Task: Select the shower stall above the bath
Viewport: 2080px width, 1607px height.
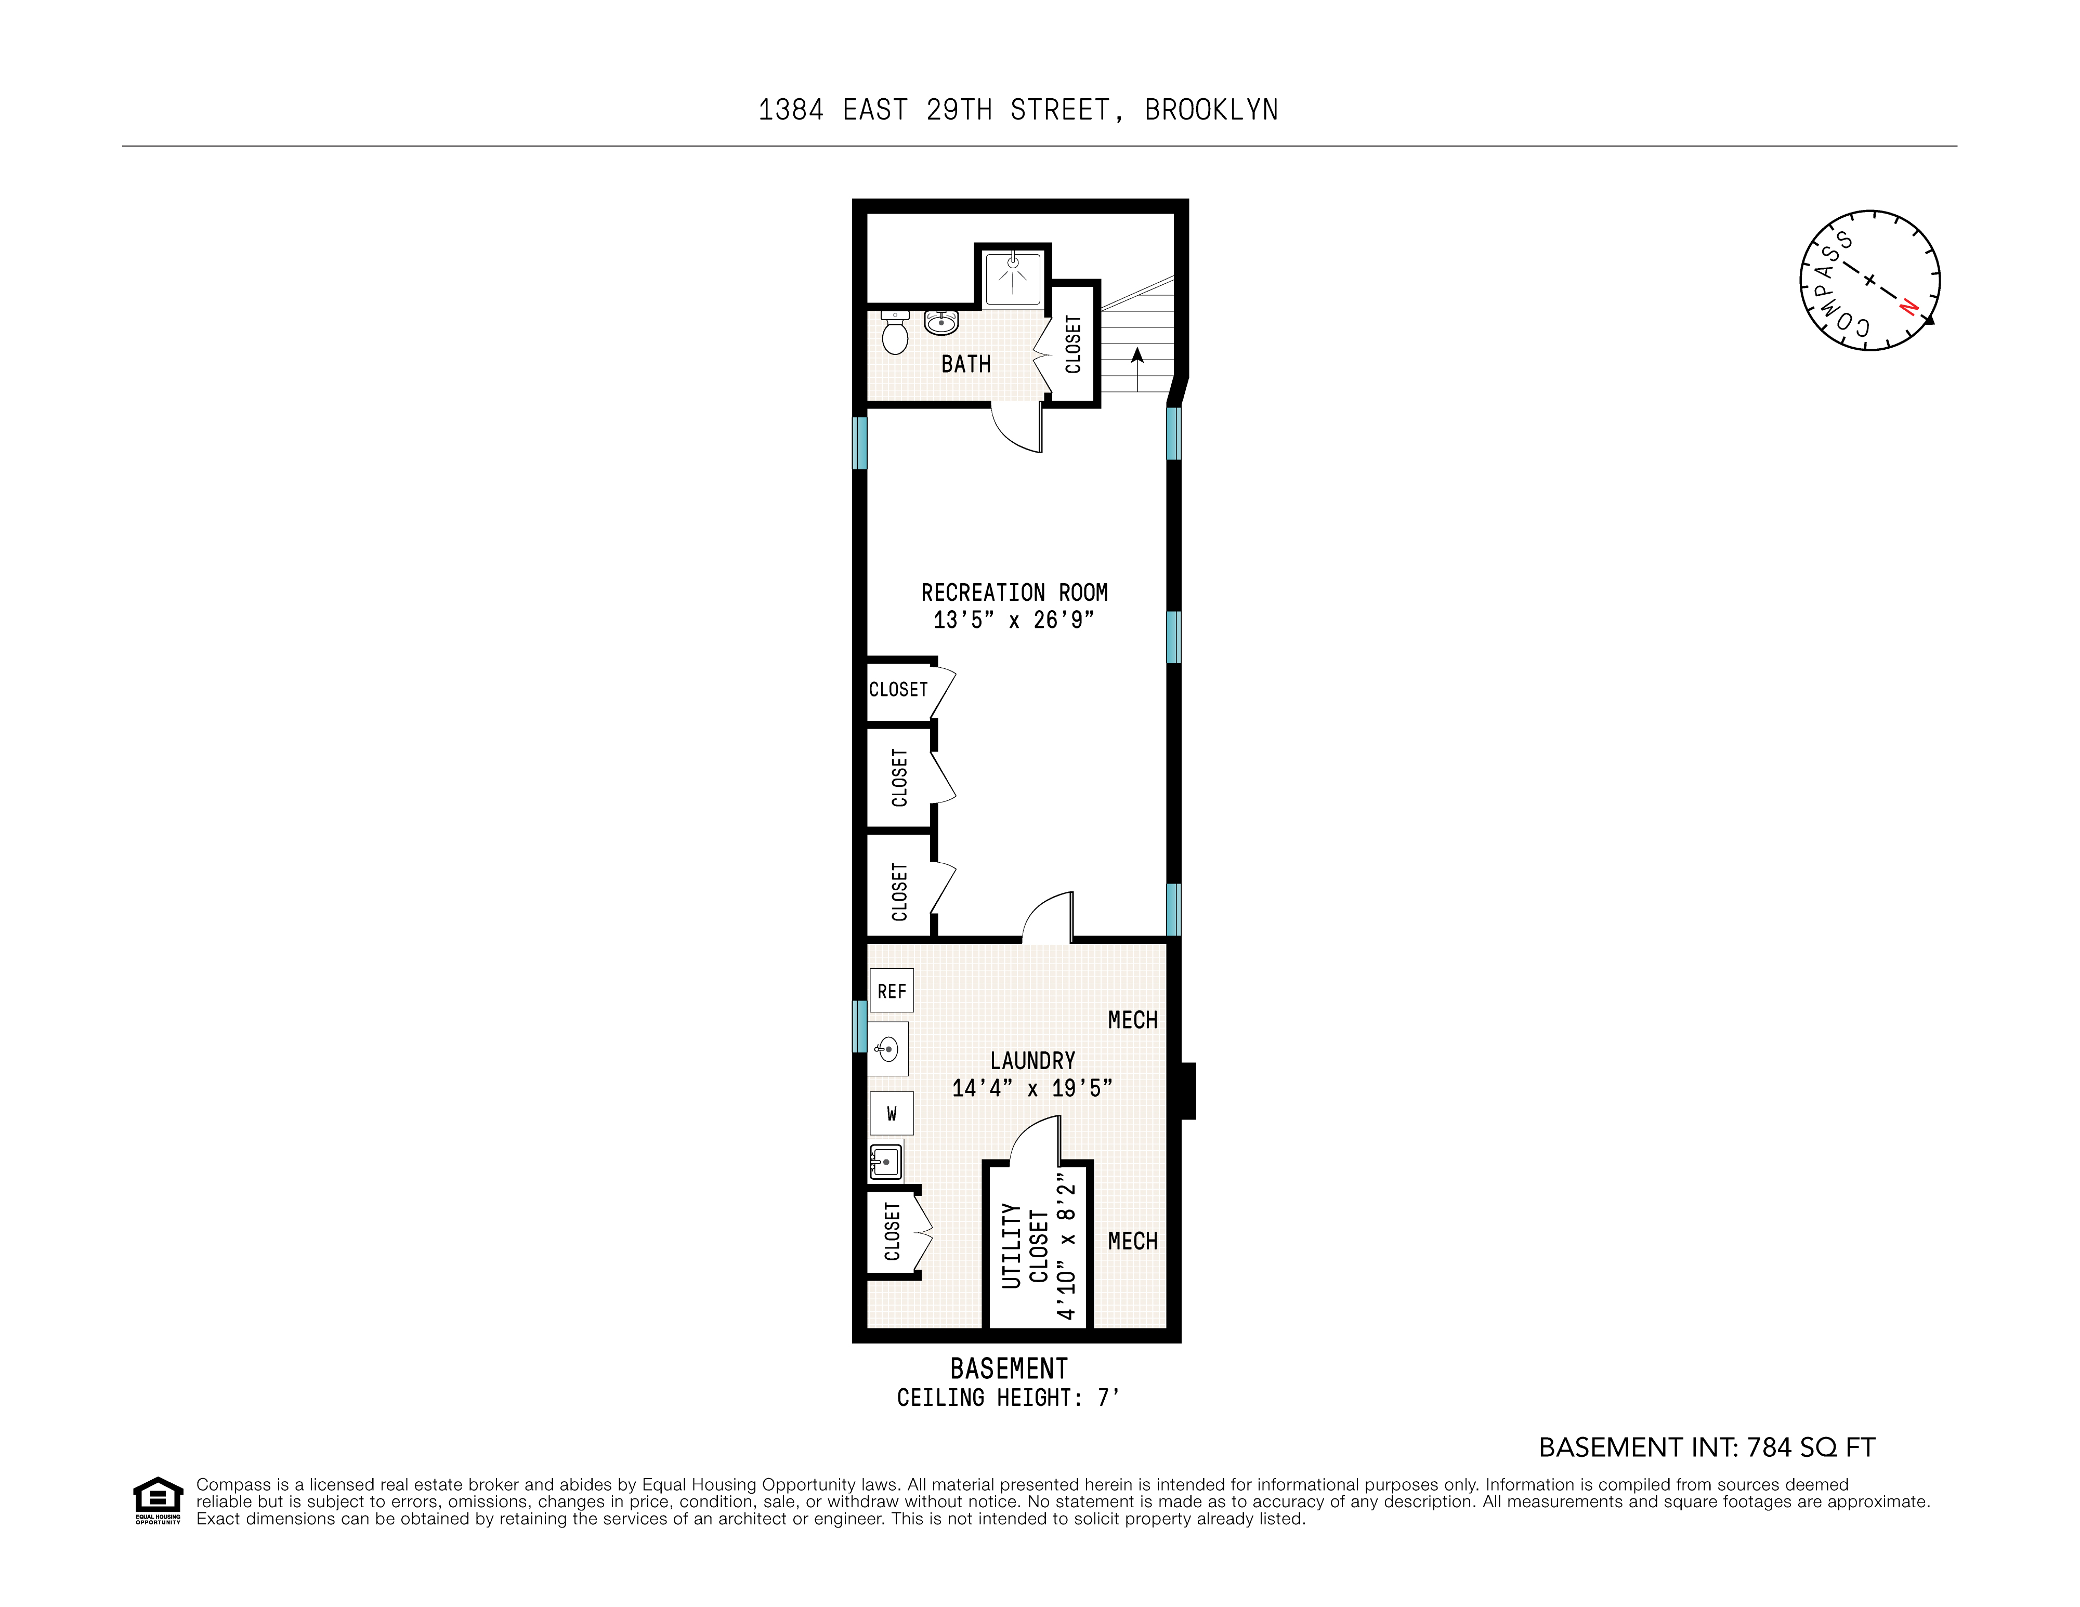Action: click(1012, 279)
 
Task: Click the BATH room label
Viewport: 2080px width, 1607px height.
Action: click(966, 365)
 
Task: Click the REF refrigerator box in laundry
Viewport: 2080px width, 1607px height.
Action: click(892, 991)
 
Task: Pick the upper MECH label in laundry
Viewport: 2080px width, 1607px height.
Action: click(1132, 1021)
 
